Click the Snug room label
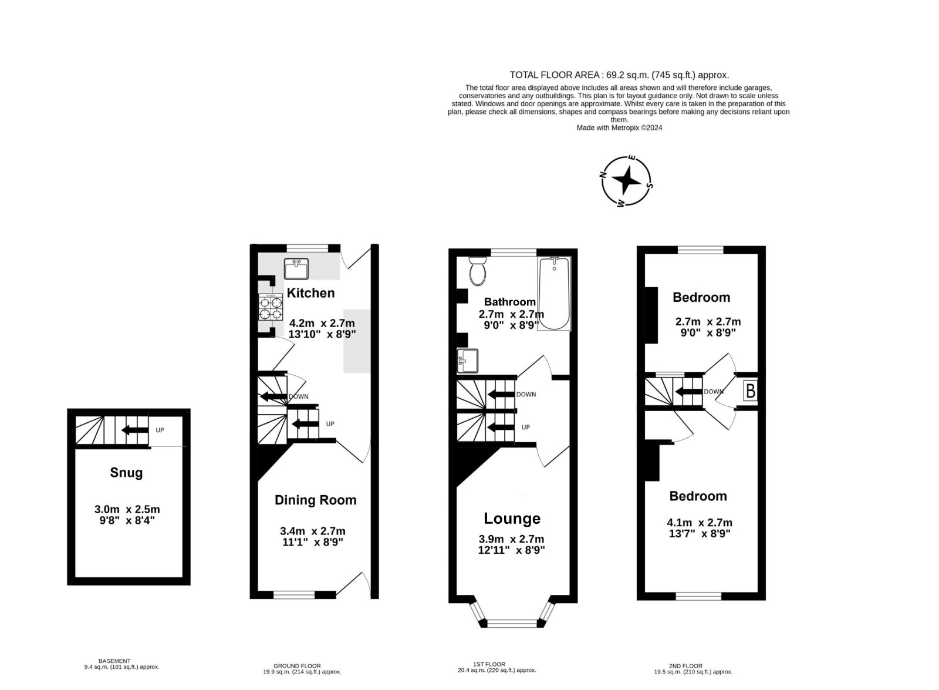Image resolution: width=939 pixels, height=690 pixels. (126, 473)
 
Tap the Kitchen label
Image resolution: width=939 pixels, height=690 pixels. (310, 293)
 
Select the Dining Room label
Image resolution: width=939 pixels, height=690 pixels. (315, 500)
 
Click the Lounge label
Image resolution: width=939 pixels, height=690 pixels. (512, 519)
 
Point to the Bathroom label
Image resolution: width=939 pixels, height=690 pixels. (510, 302)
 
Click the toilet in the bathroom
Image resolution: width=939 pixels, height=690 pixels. (478, 271)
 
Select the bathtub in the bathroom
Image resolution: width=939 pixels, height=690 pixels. (554, 294)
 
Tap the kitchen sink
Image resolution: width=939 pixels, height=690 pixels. (296, 268)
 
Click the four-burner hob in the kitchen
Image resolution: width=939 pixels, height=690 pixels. (271, 307)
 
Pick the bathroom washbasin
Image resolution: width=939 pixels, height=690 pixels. (467, 361)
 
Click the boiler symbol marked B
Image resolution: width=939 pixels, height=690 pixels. (751, 391)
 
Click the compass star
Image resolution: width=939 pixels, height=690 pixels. (626, 181)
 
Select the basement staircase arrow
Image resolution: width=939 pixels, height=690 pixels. (134, 430)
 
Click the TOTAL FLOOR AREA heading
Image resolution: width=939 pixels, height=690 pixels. (619, 75)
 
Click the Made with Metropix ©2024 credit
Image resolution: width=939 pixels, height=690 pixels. (619, 128)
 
